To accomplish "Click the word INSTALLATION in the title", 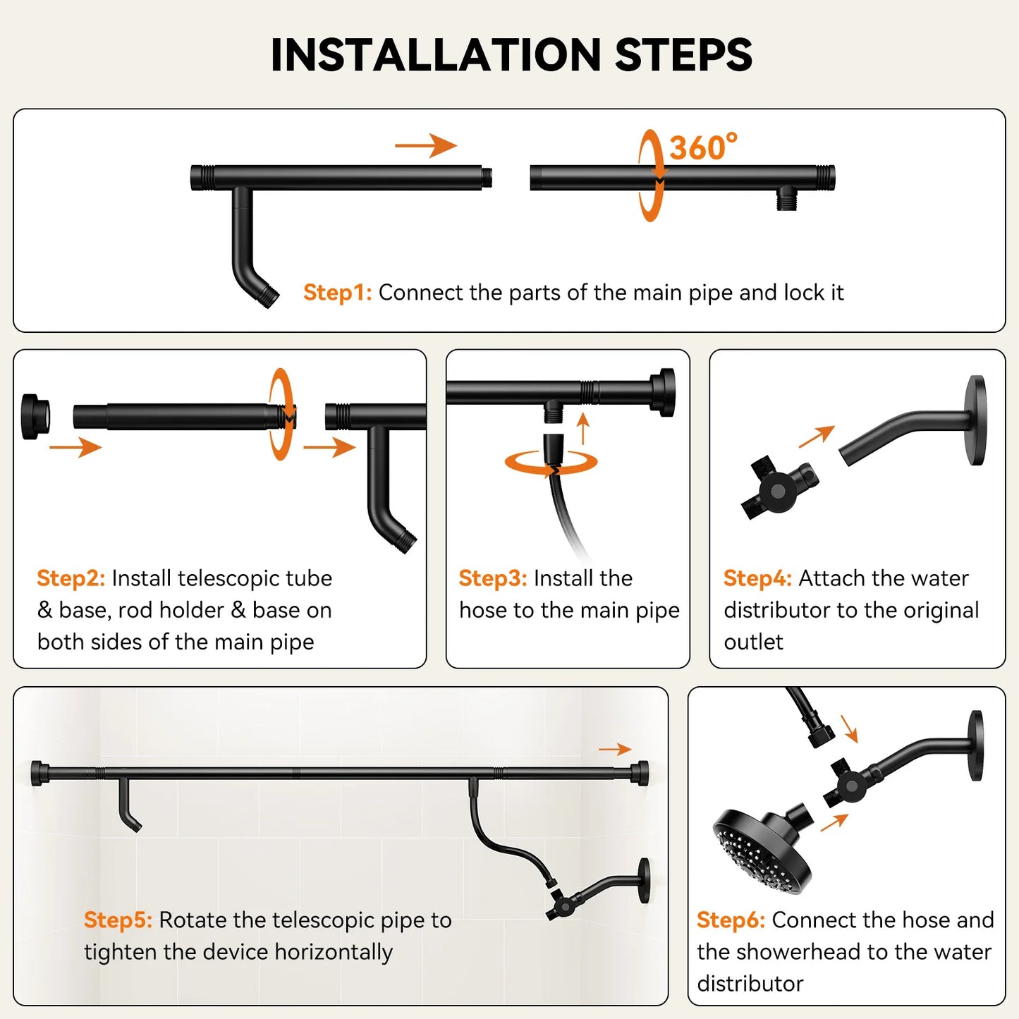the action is [x=436, y=55].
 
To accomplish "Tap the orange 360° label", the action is [x=703, y=147].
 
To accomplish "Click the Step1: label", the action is [x=337, y=293].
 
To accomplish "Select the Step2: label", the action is [x=71, y=578].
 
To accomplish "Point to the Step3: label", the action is [x=493, y=578].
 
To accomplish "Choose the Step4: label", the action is [x=758, y=578].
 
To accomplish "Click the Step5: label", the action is [x=118, y=920].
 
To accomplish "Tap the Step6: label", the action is [x=731, y=920].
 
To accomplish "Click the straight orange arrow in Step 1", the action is [x=426, y=145].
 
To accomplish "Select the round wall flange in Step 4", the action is [x=977, y=420].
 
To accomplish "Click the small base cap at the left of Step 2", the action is [x=35, y=416].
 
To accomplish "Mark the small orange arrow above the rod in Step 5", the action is [x=615, y=749].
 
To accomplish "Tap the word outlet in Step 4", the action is [x=754, y=642].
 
